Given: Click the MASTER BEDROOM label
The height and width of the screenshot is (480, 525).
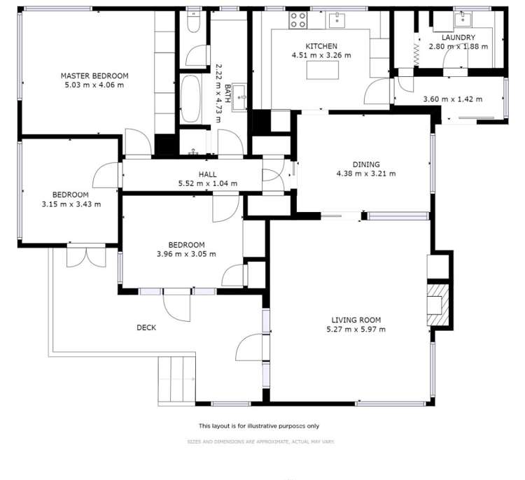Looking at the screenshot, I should (94, 76).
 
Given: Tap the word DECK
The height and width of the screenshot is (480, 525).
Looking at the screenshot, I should (146, 327).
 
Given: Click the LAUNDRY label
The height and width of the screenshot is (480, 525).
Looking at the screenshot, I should (458, 37).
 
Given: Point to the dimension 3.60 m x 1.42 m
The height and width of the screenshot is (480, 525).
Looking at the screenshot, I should (453, 99).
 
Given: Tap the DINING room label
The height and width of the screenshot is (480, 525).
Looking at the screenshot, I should (365, 164).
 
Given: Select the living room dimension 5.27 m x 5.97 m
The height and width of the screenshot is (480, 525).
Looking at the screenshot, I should (358, 329).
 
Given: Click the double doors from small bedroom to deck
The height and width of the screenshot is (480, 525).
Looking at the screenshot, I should (87, 257).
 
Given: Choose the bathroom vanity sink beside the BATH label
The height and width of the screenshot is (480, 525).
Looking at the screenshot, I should (240, 93).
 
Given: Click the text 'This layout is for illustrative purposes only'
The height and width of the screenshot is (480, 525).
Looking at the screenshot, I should (259, 425).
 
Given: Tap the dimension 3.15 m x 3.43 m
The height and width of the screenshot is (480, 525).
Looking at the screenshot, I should (70, 204).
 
